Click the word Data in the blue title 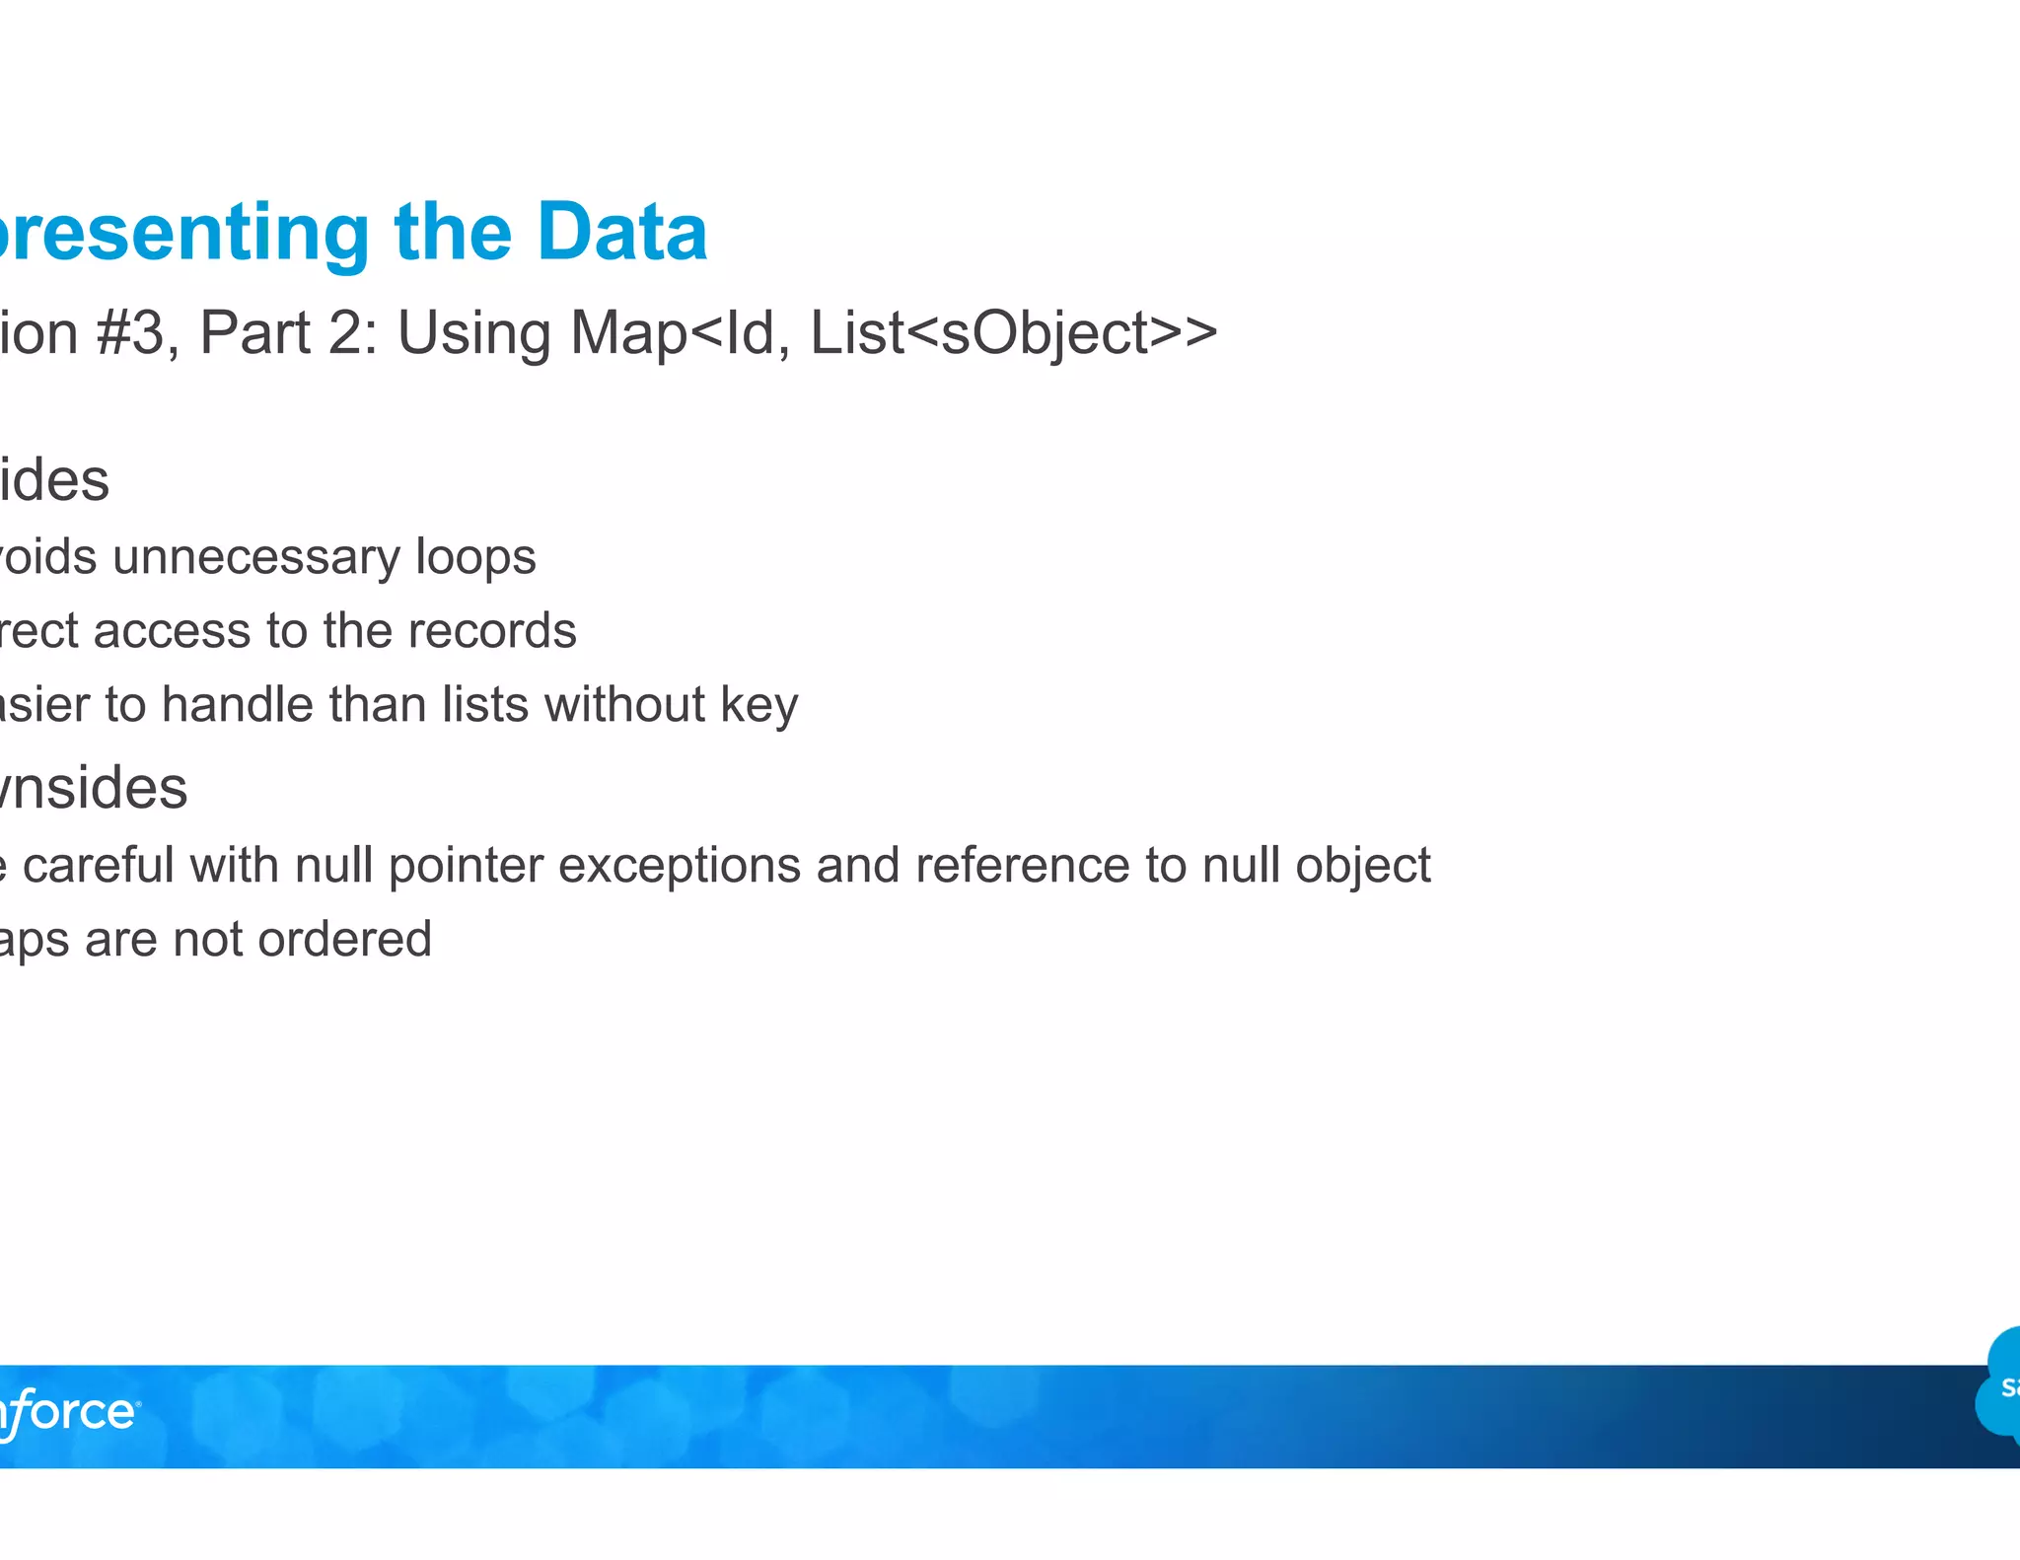tap(621, 233)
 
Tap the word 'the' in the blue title tap(453, 233)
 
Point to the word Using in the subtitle tap(473, 333)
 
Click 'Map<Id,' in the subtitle tap(680, 333)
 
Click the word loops tap(475, 558)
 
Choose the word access tap(173, 631)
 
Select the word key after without tap(758, 706)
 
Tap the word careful tap(99, 866)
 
